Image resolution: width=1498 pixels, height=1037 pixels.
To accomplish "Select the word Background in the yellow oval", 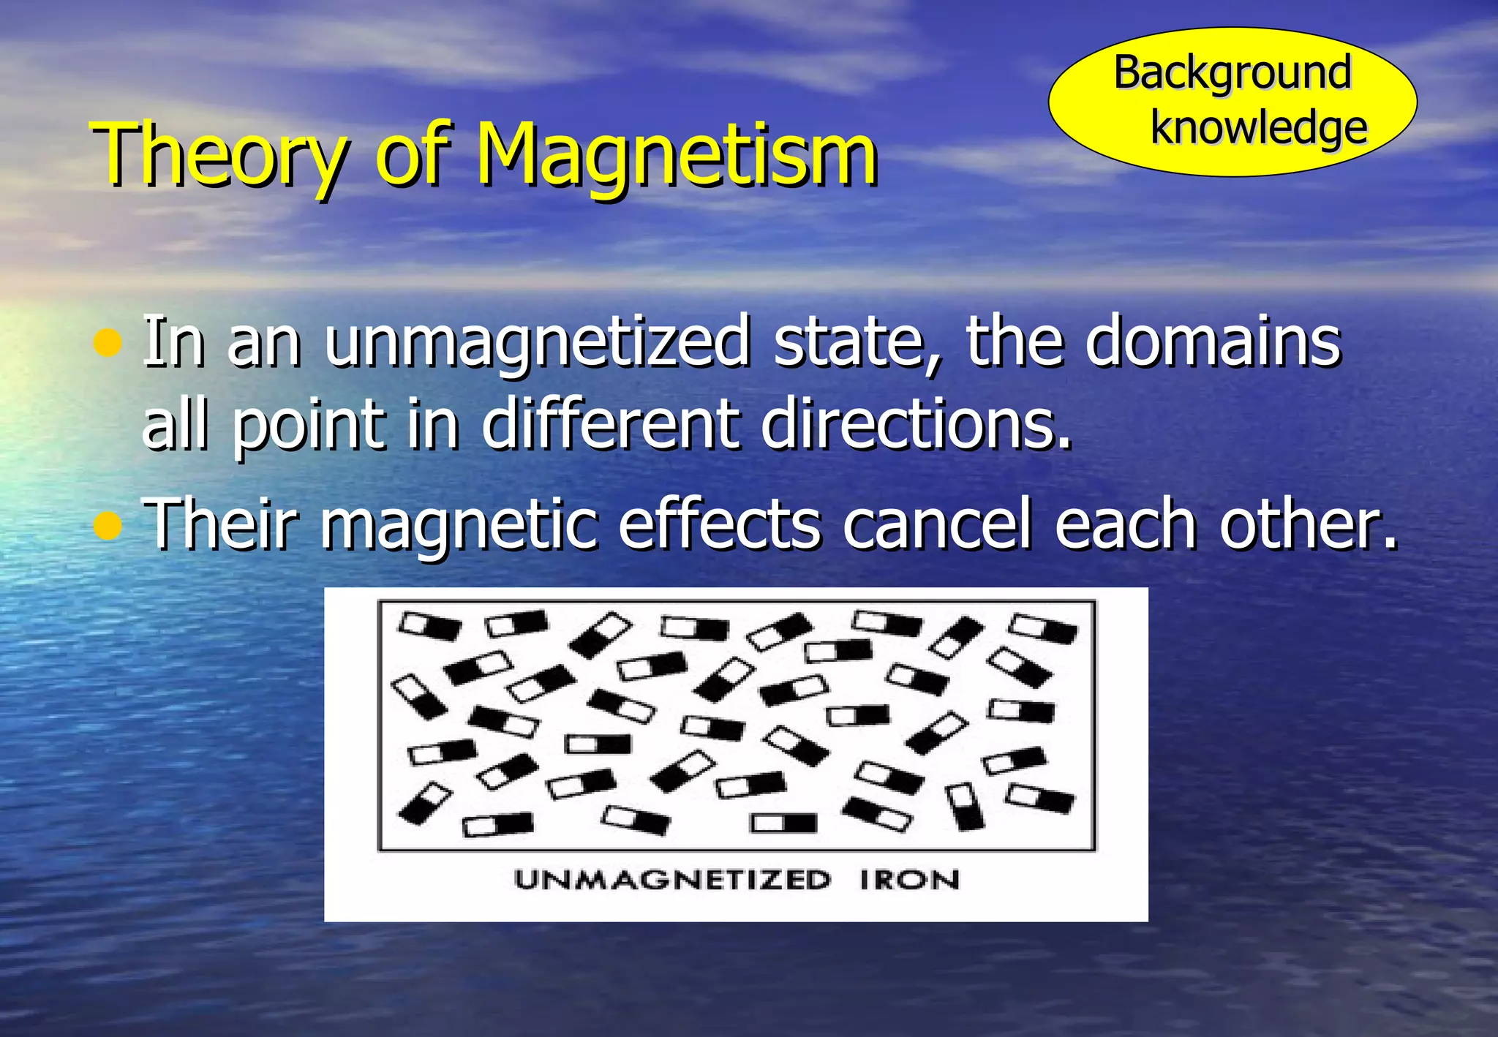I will click(1232, 72).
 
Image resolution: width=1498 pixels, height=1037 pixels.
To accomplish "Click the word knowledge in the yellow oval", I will click(1258, 128).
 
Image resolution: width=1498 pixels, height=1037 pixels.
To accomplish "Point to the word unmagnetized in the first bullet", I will click(537, 342).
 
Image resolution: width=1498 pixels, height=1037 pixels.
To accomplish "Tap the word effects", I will click(720, 524).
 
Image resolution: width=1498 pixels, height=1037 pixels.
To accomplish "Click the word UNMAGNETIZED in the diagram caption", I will click(672, 879).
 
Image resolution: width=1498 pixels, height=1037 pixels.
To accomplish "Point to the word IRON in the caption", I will click(909, 879).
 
